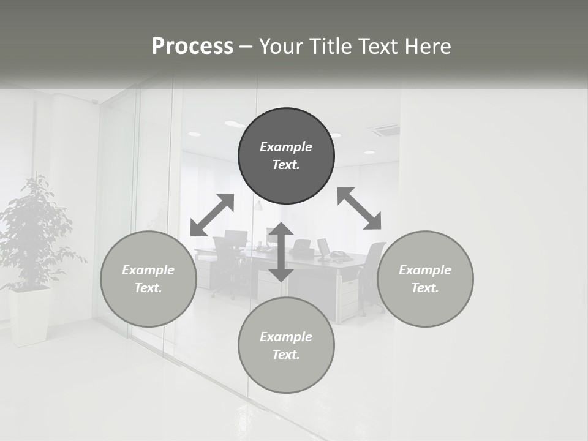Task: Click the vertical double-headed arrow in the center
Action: pos(281,252)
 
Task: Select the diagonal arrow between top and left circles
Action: pos(212,215)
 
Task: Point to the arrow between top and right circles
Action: pos(360,208)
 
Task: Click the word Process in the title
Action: pos(192,46)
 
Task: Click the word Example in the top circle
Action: pos(286,147)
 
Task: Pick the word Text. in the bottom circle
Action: pos(286,355)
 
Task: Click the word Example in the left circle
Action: pos(148,270)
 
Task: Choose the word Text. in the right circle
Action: pos(425,288)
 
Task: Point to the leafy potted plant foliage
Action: pos(34,233)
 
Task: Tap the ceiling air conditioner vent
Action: pos(383,130)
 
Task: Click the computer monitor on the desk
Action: pos(323,247)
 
